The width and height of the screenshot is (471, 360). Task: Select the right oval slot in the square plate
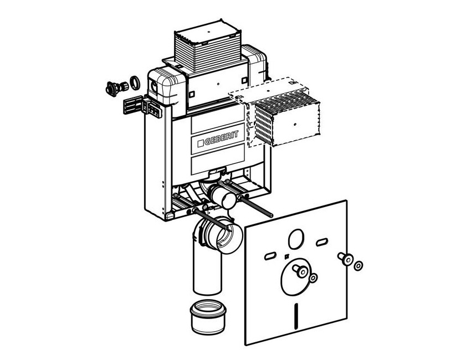[x=321, y=242]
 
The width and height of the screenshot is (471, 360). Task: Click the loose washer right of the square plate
[x=359, y=266]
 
